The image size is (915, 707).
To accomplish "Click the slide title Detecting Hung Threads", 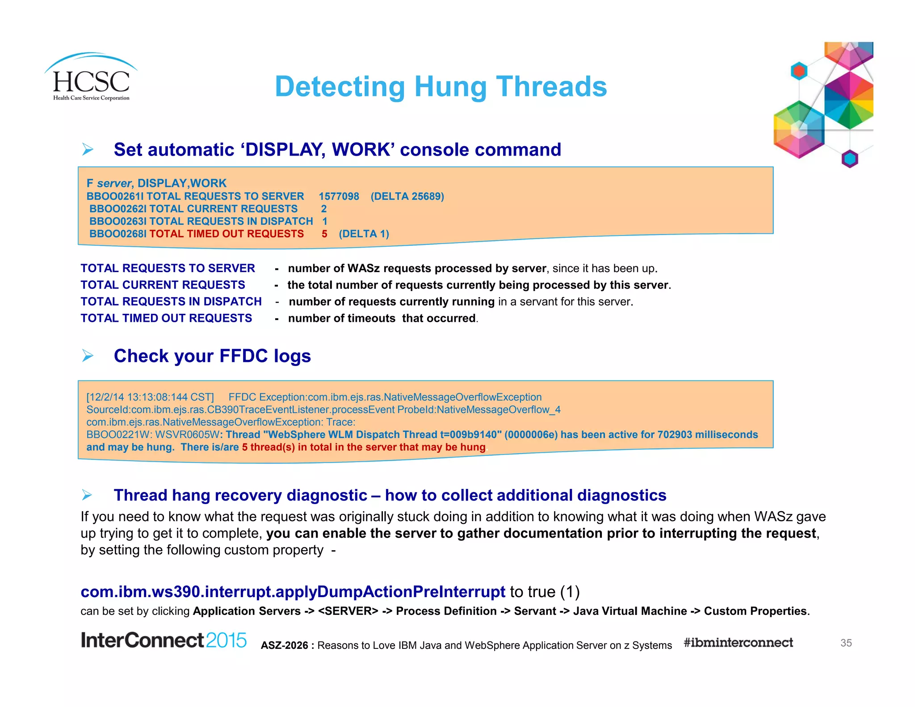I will [x=441, y=86].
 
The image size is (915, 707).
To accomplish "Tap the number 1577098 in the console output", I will [x=339, y=196].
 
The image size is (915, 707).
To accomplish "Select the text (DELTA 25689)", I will [x=407, y=196].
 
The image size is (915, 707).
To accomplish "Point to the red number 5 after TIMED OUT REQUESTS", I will [x=324, y=234].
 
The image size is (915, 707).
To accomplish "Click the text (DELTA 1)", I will [x=364, y=234].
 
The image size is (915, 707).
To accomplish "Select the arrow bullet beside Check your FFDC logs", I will [x=88, y=356].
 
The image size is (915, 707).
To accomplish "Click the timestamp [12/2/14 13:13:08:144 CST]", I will [x=150, y=397].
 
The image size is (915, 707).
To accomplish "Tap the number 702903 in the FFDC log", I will [x=674, y=434].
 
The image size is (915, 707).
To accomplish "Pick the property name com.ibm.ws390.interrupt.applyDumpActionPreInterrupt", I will [x=293, y=591].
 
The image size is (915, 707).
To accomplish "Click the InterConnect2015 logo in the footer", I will [x=164, y=640].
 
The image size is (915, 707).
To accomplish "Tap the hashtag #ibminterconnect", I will [x=738, y=643].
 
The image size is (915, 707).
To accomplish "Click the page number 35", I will [x=846, y=643].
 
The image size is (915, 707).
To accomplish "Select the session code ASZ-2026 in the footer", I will [x=285, y=645].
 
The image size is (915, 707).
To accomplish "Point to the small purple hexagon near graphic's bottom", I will [x=850, y=159].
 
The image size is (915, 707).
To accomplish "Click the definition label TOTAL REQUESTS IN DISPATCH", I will [x=171, y=302].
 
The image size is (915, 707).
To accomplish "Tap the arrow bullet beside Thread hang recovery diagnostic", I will [x=88, y=495].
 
